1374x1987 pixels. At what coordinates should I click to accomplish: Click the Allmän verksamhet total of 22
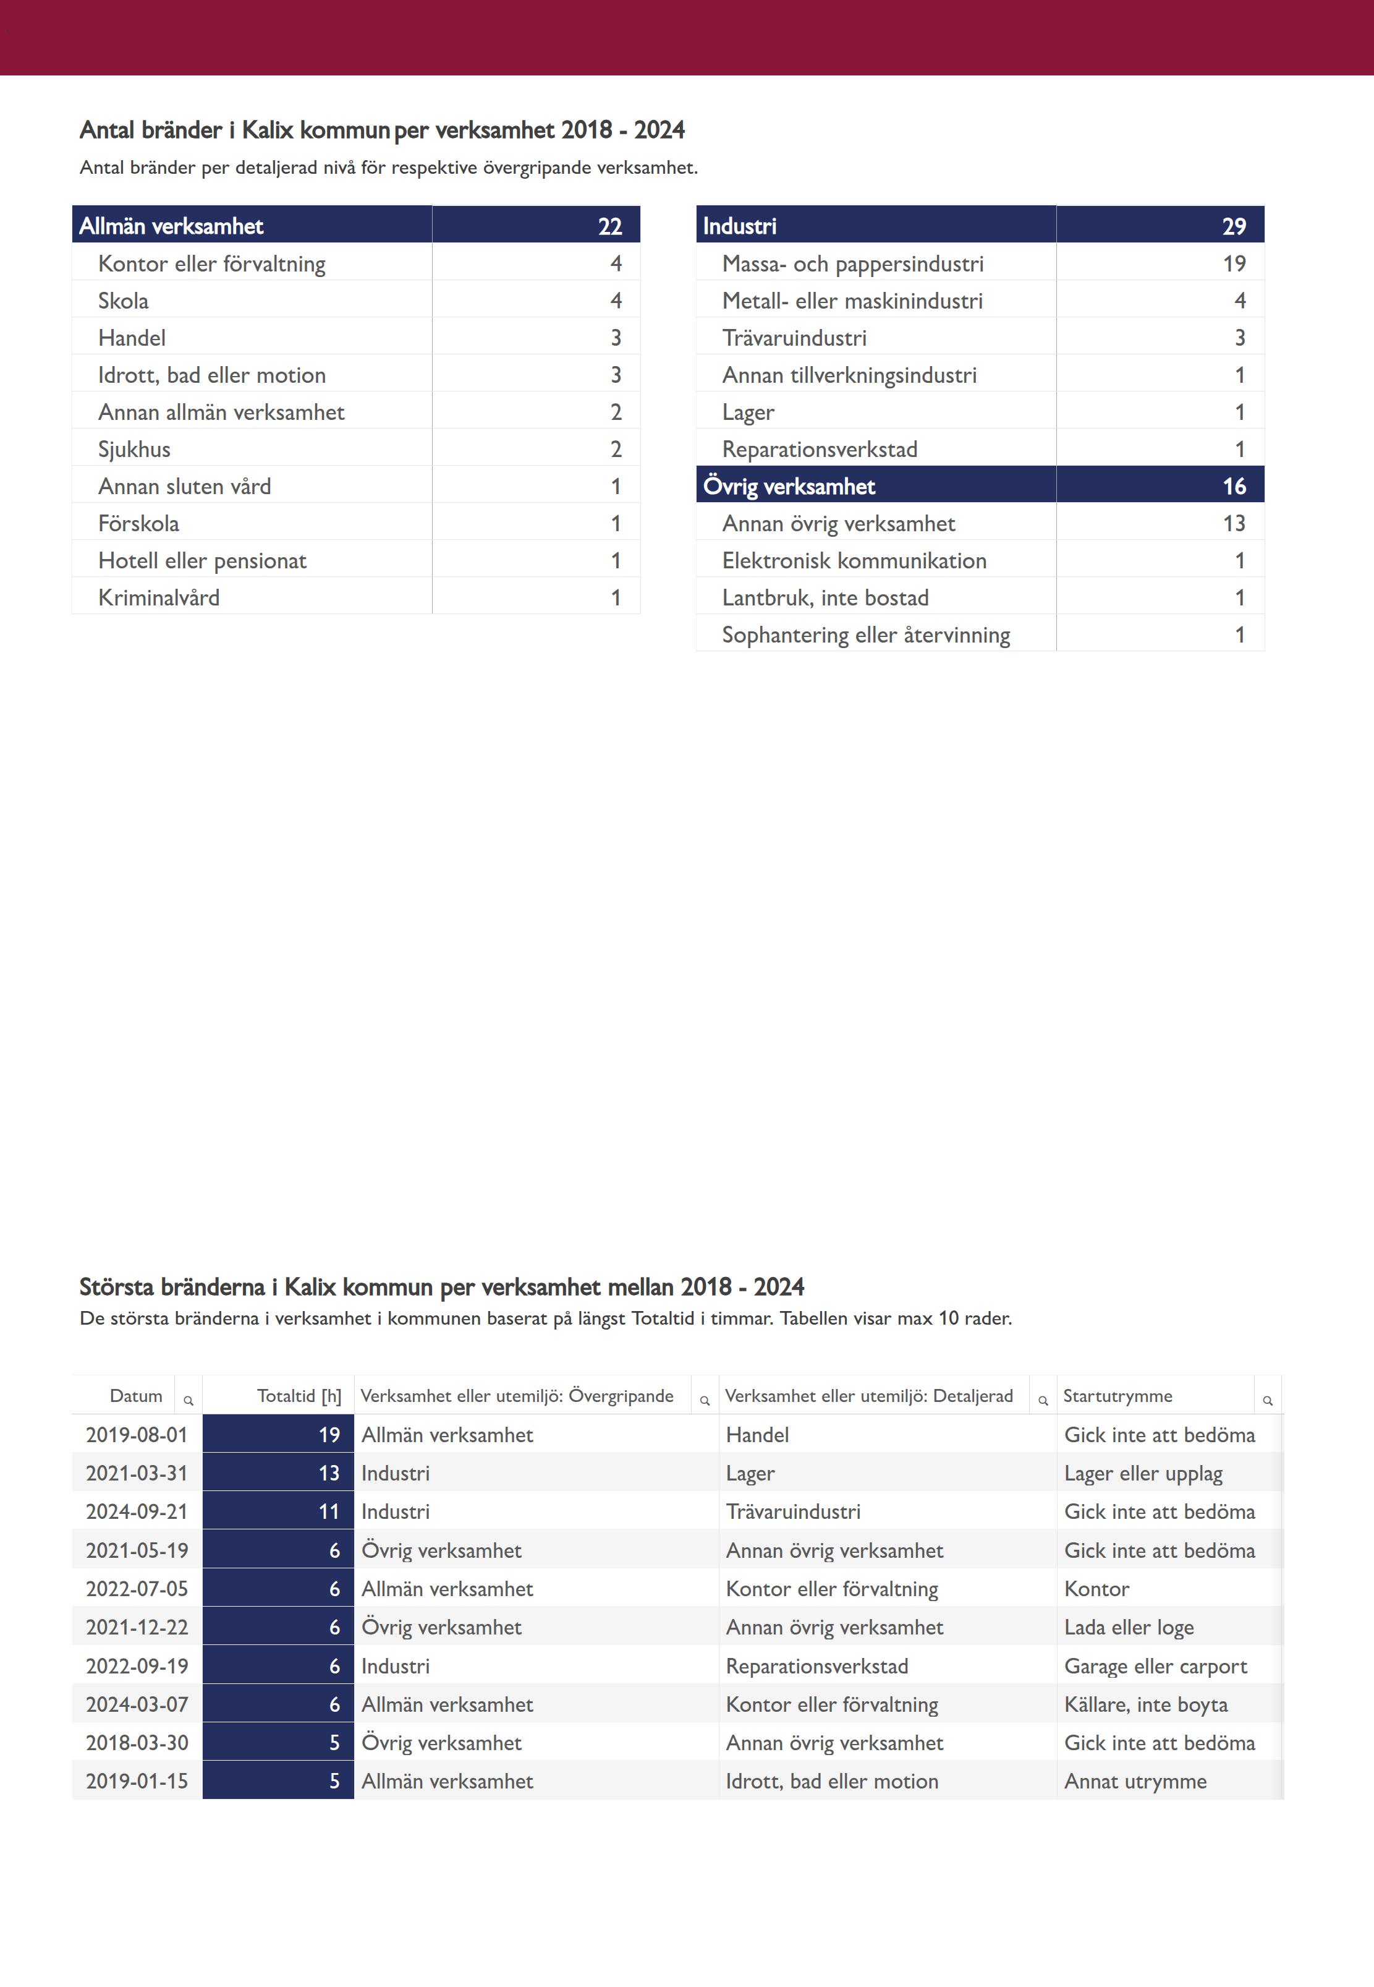point(609,226)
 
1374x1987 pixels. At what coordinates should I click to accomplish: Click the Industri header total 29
point(1234,226)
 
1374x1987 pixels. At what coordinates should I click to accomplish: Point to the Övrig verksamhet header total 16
point(1234,487)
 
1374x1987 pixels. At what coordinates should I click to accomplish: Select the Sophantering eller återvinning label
point(865,636)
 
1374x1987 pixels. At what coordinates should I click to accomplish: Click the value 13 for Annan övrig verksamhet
point(1234,524)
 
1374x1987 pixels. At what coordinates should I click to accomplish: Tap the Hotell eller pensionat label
point(202,561)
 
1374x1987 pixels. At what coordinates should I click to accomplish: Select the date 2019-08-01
point(137,1435)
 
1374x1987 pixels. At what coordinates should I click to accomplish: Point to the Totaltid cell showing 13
point(329,1474)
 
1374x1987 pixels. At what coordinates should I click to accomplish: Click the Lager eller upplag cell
point(1142,1474)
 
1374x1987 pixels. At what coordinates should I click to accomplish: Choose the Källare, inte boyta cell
point(1145,1704)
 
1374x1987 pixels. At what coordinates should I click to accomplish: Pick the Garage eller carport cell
point(1155,1667)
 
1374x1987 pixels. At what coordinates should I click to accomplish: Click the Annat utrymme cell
point(1135,1781)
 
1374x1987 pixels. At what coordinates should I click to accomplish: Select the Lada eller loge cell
point(1129,1628)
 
